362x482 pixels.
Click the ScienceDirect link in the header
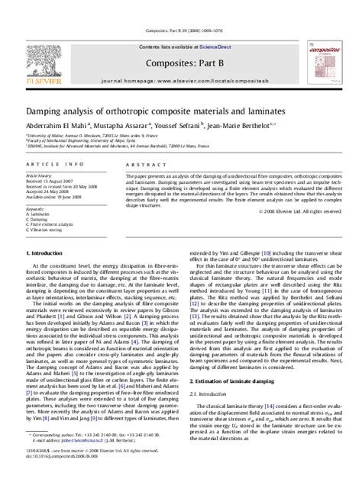pyautogui.click(x=218, y=27)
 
